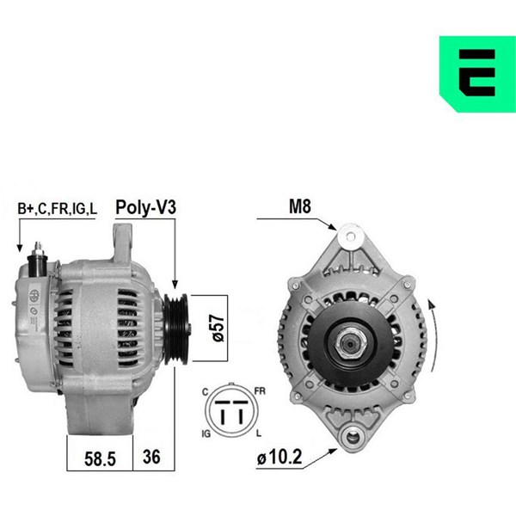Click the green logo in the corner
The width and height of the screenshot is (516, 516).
[477, 74]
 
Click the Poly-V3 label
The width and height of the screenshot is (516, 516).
[146, 207]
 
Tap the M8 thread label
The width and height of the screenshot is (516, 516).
[299, 206]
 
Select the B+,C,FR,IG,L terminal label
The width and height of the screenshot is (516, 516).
[58, 208]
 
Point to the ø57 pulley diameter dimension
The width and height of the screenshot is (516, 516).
[218, 329]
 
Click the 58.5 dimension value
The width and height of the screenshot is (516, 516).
[100, 458]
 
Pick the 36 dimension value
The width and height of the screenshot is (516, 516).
[151, 457]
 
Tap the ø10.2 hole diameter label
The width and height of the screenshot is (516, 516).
[279, 458]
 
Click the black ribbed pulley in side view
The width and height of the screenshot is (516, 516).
[176, 329]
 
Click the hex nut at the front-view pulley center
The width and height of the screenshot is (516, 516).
[350, 344]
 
